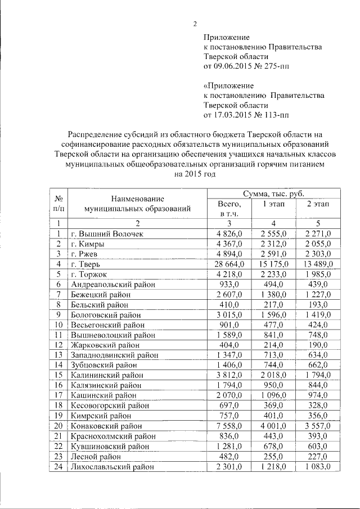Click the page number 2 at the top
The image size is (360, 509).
[x=195, y=24]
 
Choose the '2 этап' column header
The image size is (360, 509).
[x=317, y=204]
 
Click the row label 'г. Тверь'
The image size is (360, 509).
[x=86, y=264]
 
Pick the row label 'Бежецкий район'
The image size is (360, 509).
[x=101, y=294]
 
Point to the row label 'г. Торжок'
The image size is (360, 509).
[x=89, y=274]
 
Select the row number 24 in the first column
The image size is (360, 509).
[x=58, y=466]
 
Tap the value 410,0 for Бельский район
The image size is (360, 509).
[x=232, y=304]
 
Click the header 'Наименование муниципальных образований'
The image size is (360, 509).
[x=137, y=204]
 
